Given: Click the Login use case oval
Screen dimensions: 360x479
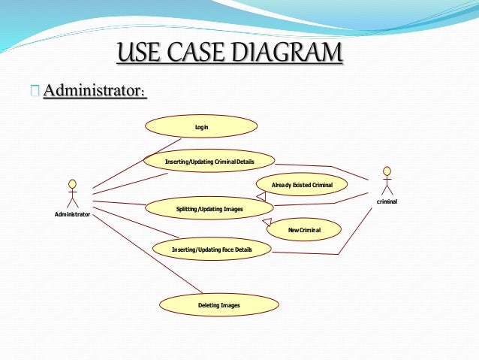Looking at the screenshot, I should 201,127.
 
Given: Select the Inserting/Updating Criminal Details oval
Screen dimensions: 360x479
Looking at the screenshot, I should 209,162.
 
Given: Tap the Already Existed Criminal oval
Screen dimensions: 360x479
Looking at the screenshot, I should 302,184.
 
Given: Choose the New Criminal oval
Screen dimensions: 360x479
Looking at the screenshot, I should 304,229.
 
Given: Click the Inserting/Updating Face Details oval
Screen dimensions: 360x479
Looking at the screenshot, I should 212,249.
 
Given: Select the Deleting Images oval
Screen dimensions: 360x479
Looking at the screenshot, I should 218,305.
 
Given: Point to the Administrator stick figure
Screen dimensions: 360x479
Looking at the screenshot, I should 73,194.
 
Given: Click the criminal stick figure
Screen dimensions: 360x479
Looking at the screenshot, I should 387,181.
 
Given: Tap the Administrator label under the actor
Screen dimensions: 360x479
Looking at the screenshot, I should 72,216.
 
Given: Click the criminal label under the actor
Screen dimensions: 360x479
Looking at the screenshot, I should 387,202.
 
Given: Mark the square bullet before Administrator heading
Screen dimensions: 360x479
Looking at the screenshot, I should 35,92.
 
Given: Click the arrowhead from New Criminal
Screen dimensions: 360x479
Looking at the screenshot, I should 267,223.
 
